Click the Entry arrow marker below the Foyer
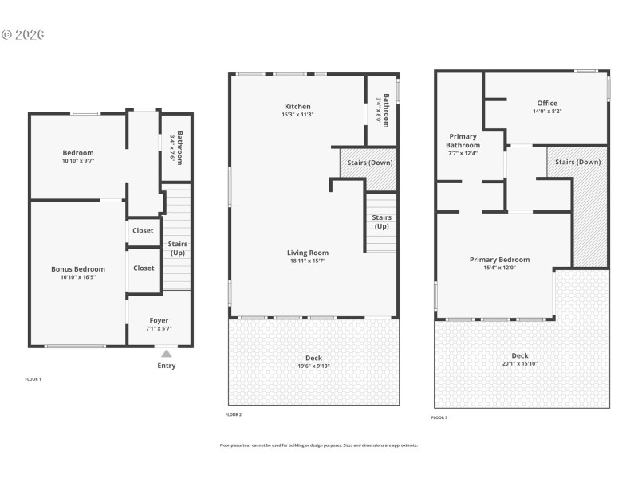tap(166, 353)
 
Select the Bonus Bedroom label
tap(78, 269)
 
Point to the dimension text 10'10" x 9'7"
tap(78, 162)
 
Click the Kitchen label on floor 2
tap(297, 106)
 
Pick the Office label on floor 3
tap(547, 103)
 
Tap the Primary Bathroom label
tap(463, 140)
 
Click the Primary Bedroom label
tap(499, 259)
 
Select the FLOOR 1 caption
tap(33, 378)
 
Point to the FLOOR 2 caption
tap(234, 414)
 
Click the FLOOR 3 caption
tap(439, 417)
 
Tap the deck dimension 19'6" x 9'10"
tap(313, 366)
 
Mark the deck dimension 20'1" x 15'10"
tap(520, 365)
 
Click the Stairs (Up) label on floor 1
tap(177, 249)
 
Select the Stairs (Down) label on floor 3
tap(577, 162)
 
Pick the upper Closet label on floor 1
tap(144, 230)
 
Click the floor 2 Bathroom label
tap(386, 110)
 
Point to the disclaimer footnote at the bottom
tap(318, 445)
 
